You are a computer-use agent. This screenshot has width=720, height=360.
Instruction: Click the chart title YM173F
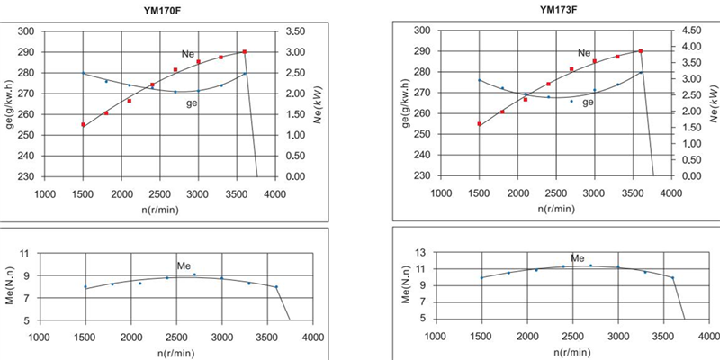coord(559,11)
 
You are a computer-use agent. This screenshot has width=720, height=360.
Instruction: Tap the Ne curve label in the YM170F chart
coord(189,56)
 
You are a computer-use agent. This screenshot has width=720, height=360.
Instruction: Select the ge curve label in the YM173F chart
coord(588,102)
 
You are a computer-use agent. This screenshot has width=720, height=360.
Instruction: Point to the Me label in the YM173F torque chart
coord(577,258)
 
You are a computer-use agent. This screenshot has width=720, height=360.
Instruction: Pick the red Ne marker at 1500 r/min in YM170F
coord(84,125)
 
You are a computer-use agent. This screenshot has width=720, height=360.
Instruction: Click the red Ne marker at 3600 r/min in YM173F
coord(641,51)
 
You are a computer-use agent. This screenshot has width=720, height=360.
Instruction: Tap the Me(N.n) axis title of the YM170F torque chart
coord(26,287)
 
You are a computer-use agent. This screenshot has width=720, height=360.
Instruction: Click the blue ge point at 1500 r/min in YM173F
coord(480,80)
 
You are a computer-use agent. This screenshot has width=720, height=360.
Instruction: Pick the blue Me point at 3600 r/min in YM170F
coord(276,286)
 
